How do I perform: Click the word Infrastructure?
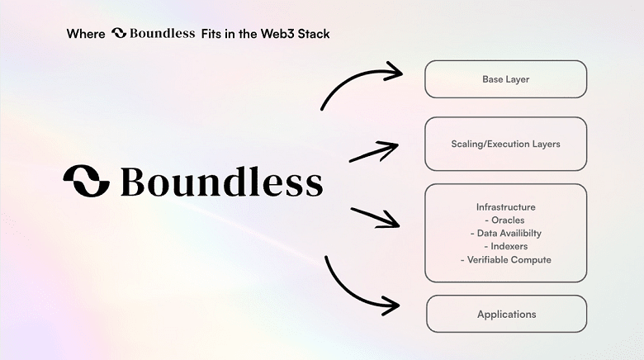coord(505,207)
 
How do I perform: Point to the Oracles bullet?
coord(504,220)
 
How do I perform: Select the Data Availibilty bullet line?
coord(505,234)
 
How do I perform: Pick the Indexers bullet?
coord(505,247)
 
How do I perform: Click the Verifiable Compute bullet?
coord(505,260)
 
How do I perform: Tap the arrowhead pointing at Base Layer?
coord(400,73)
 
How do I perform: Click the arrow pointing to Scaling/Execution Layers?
coord(374,152)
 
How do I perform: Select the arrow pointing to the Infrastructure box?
coord(375,217)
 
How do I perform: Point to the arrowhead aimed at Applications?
coord(397,306)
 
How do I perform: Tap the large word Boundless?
coord(222,181)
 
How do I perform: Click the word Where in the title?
coord(86,34)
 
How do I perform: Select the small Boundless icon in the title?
coord(119,33)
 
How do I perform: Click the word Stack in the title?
coord(314,34)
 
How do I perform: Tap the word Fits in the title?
coord(211,34)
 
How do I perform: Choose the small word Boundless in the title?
coord(162,33)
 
